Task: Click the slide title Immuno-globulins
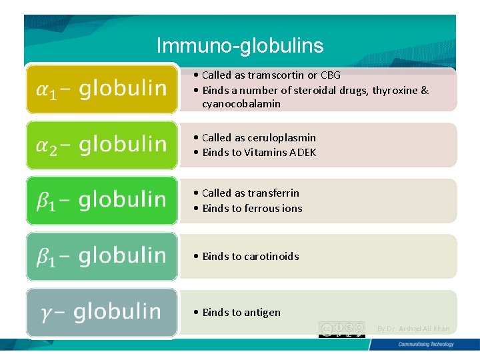click(240, 45)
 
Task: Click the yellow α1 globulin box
click(102, 89)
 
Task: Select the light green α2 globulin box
click(102, 144)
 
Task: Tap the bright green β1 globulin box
click(102, 200)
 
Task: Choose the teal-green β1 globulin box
click(102, 256)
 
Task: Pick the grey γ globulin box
click(102, 312)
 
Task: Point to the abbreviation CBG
click(330, 75)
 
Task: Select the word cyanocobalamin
click(241, 104)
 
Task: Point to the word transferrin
click(273, 193)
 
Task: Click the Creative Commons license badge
click(342, 329)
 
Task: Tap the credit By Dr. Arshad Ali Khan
click(413, 329)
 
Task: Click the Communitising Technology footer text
click(425, 345)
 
